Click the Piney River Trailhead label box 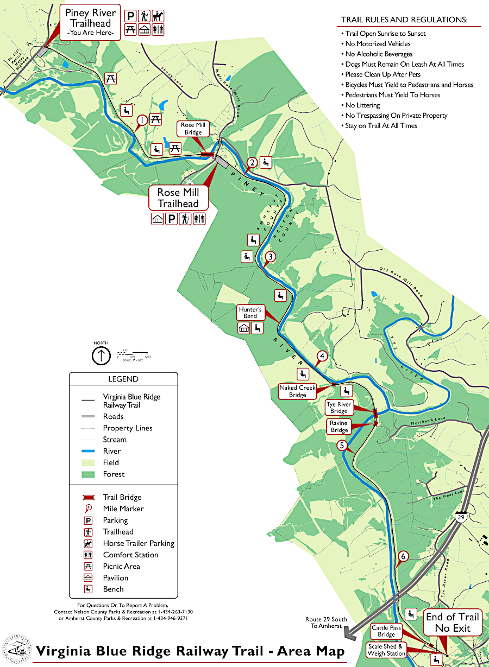tap(91, 22)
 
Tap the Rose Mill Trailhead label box tap(178, 198)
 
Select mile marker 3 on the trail tap(271, 257)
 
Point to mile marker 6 tap(403, 556)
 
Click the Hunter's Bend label tap(250, 312)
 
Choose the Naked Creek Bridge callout tap(297, 391)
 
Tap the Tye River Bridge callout tap(338, 408)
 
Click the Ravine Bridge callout tap(339, 427)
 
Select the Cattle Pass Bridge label tap(386, 631)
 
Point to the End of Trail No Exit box tap(452, 622)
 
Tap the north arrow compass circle tap(101, 356)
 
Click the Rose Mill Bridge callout tap(193, 129)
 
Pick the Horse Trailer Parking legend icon tap(88, 543)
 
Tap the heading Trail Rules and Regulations tap(404, 20)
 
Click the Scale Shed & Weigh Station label tap(386, 650)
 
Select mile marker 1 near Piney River tap(142, 120)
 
